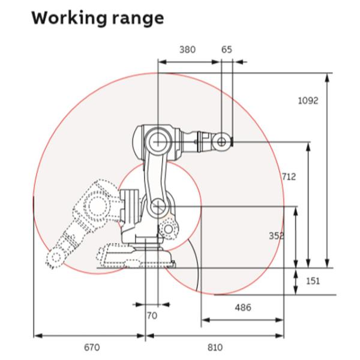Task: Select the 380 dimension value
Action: click(187, 50)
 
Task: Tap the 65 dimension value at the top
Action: click(226, 50)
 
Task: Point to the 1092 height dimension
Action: click(308, 100)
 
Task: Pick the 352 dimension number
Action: click(277, 236)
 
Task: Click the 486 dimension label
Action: click(242, 308)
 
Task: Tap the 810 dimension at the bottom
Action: click(215, 347)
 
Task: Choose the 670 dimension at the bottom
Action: click(91, 347)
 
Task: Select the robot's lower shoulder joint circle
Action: click(158, 206)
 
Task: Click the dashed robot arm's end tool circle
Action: click(56, 257)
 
